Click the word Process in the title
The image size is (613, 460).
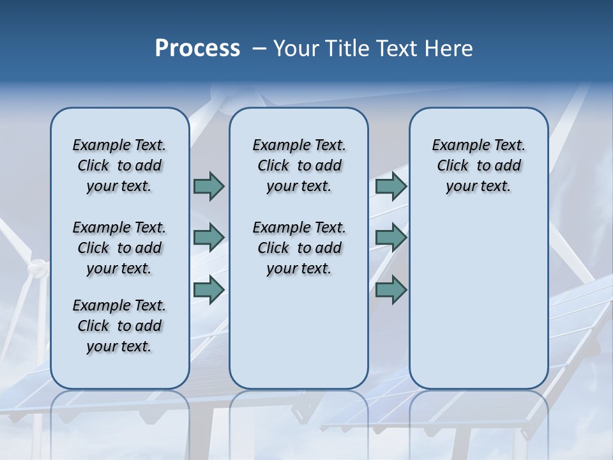tap(197, 49)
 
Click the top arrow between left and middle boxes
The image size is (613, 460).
tap(209, 187)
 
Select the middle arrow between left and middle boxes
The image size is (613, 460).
tap(209, 237)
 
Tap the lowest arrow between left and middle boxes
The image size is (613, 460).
tap(209, 289)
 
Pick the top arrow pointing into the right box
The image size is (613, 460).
tap(391, 187)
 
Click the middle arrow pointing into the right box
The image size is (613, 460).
tap(391, 237)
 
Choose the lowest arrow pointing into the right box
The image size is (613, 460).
tap(391, 289)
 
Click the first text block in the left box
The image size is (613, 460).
tap(119, 165)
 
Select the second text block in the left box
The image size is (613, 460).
tap(119, 248)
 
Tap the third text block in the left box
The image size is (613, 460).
tap(119, 326)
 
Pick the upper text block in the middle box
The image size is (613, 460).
tap(299, 165)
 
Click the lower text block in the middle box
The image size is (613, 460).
tap(299, 248)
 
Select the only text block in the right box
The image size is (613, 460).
tap(478, 165)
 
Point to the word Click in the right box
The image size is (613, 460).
tap(453, 166)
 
